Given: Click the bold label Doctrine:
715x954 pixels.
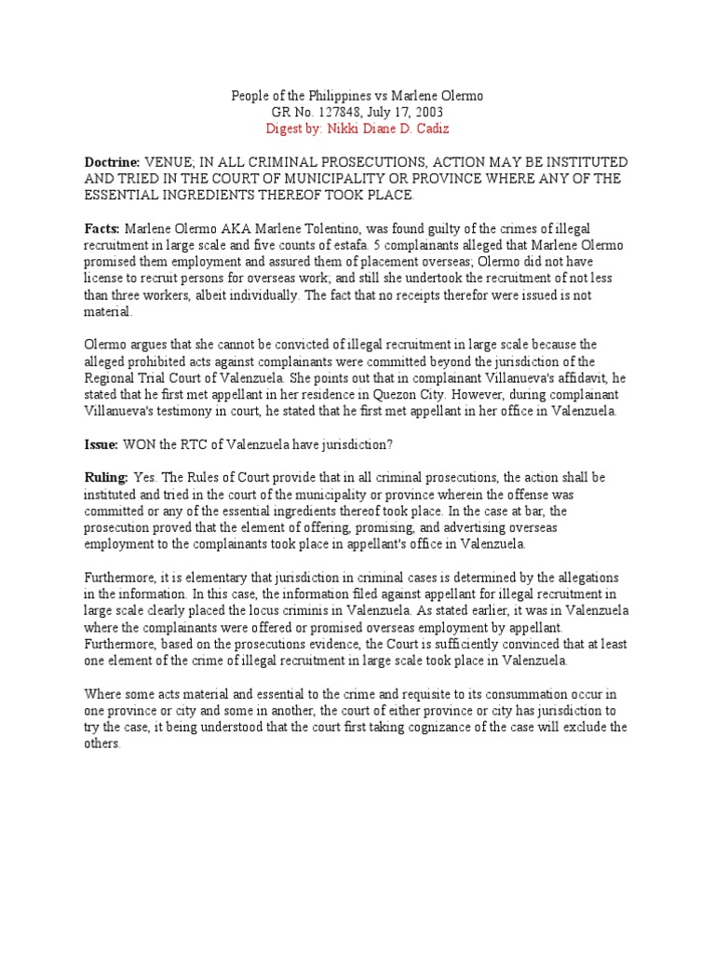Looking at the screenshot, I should point(112,162).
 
